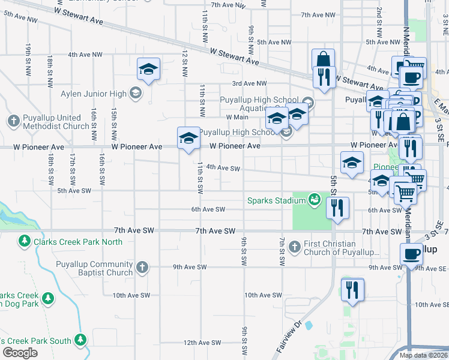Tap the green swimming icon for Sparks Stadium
(313, 199)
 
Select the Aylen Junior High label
(93, 94)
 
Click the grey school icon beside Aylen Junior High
(136, 93)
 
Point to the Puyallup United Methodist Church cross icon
(14, 120)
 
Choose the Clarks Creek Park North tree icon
(25, 241)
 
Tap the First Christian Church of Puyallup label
(338, 248)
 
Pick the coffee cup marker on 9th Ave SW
(411, 254)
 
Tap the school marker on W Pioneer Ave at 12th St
(188, 138)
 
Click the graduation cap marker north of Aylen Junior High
(148, 69)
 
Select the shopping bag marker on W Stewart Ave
(323, 59)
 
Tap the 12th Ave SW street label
(202, 343)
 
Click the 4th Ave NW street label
(85, 54)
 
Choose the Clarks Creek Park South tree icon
(80, 340)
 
